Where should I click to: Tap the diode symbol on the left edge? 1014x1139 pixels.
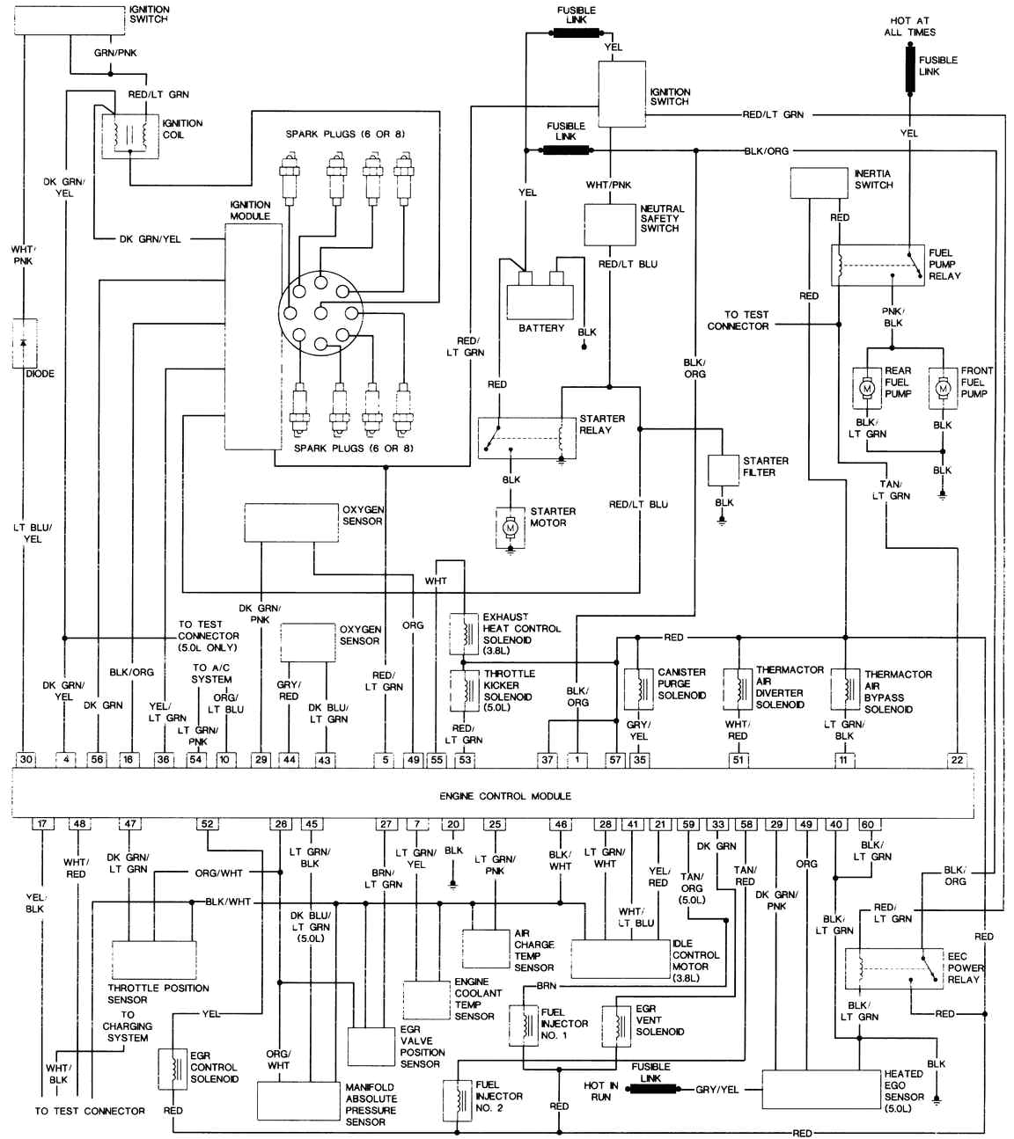pyautogui.click(x=24, y=344)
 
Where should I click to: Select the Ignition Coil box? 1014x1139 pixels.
pyautogui.click(x=130, y=136)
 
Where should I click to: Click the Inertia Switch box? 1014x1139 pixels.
pyautogui.click(x=819, y=183)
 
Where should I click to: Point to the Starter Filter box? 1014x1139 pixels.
pyautogui.click(x=723, y=470)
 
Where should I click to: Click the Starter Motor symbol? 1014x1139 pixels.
pyautogui.click(x=511, y=528)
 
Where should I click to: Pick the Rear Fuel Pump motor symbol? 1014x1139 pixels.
pyautogui.click(x=867, y=388)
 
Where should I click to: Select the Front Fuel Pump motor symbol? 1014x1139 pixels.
pyautogui.click(x=943, y=388)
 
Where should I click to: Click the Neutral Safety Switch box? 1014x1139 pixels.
pyautogui.click(x=610, y=224)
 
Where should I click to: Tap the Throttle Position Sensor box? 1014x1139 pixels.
pyautogui.click(x=154, y=960)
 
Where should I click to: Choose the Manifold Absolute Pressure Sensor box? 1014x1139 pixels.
pyautogui.click(x=298, y=1099)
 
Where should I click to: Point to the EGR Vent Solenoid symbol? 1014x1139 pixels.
pyautogui.click(x=616, y=1026)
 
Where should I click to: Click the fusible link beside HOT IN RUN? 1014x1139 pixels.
pyautogui.click(x=653, y=1088)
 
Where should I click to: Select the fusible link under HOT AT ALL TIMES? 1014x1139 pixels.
pyautogui.click(x=910, y=69)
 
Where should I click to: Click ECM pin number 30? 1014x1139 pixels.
pyautogui.click(x=26, y=759)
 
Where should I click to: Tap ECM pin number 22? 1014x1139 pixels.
pyautogui.click(x=957, y=760)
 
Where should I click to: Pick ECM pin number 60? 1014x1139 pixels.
pyautogui.click(x=867, y=825)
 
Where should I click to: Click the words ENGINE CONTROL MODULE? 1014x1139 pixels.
pyautogui.click(x=505, y=796)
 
